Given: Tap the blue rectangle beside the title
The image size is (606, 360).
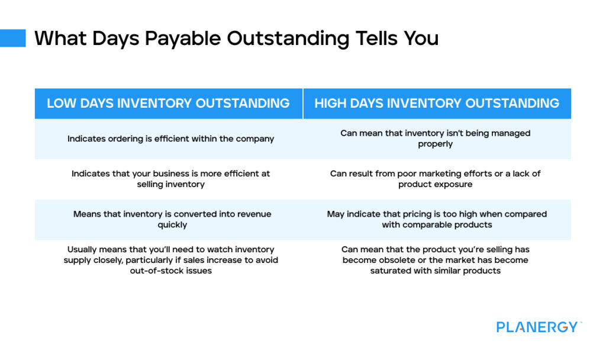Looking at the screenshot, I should (x=13, y=38).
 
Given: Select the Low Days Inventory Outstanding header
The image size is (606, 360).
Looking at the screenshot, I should (x=168, y=103).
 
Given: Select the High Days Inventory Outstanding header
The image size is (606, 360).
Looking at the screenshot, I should (x=437, y=103).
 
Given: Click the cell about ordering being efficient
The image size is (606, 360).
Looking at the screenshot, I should (x=170, y=139).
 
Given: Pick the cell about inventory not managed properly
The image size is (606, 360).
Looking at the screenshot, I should (x=435, y=139).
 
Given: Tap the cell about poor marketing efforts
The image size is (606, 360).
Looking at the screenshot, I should (x=435, y=179).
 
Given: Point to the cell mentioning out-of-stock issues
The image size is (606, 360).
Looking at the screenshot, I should (x=170, y=260).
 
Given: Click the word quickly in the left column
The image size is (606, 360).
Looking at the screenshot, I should (x=172, y=224).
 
